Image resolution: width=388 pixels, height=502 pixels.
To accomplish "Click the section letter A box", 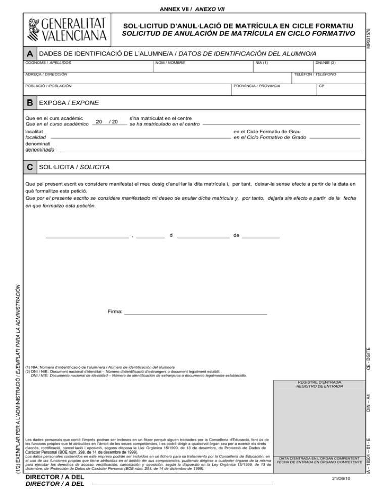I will tap(30, 54).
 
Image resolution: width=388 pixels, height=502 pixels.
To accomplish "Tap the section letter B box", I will tap(30, 103).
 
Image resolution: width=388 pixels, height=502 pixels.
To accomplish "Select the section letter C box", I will tap(30, 167).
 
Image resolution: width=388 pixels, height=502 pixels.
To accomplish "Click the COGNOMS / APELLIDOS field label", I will tap(47, 63).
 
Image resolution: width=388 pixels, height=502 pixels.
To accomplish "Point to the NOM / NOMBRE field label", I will tap(170, 63).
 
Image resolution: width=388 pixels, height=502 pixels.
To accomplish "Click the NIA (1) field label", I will tap(262, 63).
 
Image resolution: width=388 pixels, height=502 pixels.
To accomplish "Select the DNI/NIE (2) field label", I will tap(325, 63).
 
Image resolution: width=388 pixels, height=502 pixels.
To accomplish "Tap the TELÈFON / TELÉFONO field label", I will tap(315, 74).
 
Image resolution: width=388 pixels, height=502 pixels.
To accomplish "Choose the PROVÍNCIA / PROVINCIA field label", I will tap(257, 86).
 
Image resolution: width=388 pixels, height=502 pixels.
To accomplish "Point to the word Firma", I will tap(115, 312).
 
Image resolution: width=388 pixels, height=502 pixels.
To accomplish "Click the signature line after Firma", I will tap(196, 314).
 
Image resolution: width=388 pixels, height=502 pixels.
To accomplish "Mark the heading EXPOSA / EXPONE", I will tap(69, 103).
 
